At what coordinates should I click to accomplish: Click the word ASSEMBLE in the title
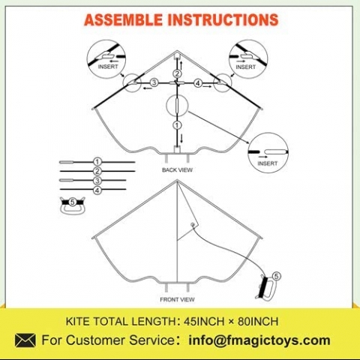click(123, 19)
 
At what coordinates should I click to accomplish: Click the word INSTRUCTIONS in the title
click(223, 19)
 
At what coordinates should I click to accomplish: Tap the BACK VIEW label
click(177, 170)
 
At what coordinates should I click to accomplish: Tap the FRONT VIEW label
click(177, 299)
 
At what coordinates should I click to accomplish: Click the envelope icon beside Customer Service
click(25, 340)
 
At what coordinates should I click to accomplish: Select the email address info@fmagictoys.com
click(259, 340)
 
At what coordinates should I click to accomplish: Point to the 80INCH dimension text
click(258, 321)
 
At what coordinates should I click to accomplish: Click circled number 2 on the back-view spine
click(177, 73)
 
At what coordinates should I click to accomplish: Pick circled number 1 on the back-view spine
click(177, 125)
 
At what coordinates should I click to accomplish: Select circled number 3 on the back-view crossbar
click(154, 82)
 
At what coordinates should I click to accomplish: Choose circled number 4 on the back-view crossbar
click(198, 83)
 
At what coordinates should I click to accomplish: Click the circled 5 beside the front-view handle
click(276, 276)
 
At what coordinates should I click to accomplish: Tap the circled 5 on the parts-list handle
click(72, 202)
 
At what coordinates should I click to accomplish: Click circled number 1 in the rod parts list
click(97, 162)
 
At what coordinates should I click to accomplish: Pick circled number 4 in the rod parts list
click(97, 190)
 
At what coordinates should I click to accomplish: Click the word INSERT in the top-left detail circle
click(108, 67)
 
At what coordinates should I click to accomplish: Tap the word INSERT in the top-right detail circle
click(246, 67)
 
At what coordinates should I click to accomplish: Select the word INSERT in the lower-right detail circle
click(268, 163)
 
